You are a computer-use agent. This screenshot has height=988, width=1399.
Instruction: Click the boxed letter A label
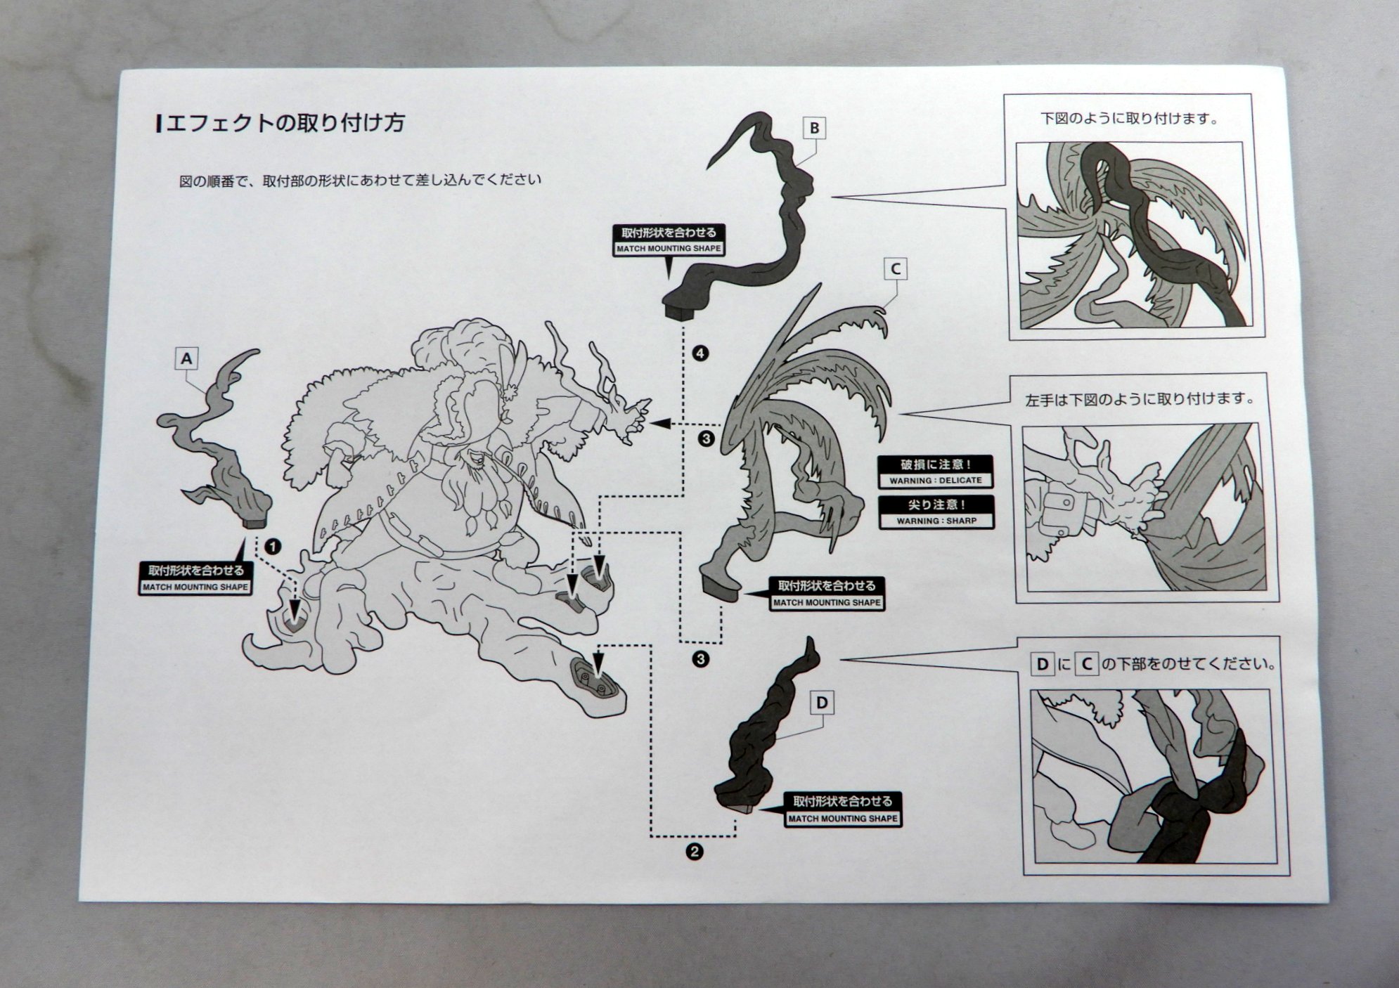[x=186, y=359]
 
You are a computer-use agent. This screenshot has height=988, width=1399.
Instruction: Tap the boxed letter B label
[x=814, y=128]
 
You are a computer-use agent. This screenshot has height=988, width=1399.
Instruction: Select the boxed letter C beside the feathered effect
[x=895, y=268]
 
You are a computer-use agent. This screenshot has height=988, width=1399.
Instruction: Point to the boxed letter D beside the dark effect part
[x=822, y=702]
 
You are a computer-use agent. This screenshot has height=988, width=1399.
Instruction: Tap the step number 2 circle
[x=694, y=852]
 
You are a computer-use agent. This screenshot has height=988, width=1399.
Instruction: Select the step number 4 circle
[x=699, y=353]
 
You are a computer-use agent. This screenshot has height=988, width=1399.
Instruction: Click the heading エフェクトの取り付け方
[x=282, y=123]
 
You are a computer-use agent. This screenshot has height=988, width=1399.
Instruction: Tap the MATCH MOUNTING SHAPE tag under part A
[x=195, y=578]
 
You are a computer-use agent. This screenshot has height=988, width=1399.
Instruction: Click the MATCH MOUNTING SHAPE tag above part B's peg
[x=669, y=240]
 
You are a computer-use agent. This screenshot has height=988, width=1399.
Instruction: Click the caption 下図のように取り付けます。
[x=1129, y=118]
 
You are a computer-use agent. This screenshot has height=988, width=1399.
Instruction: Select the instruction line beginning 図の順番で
[x=360, y=180]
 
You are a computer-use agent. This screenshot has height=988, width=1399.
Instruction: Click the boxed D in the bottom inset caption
[x=1042, y=663]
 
